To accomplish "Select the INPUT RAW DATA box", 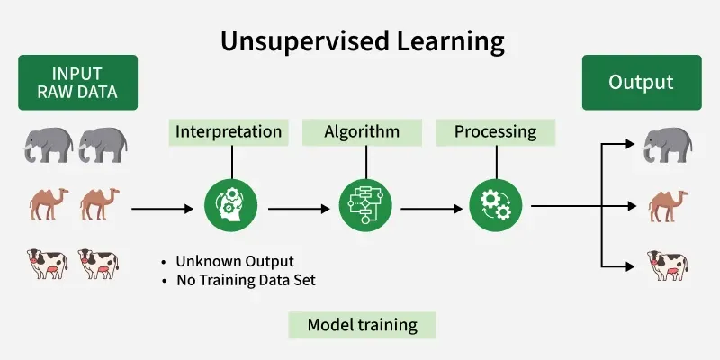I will tap(77, 82).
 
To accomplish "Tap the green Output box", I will tap(641, 82).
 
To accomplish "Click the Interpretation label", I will tap(229, 132).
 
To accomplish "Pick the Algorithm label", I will tap(362, 132).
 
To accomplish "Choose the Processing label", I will tap(495, 132).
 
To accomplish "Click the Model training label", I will tap(362, 325).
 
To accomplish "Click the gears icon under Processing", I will tap(496, 207).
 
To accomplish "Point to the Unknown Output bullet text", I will tap(234, 262).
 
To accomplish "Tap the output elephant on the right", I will tap(666, 145).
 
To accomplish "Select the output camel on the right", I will tap(667, 206).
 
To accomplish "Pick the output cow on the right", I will tap(667, 265).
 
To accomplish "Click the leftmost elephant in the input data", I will tap(48, 145).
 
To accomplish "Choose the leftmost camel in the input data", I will tap(48, 204).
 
